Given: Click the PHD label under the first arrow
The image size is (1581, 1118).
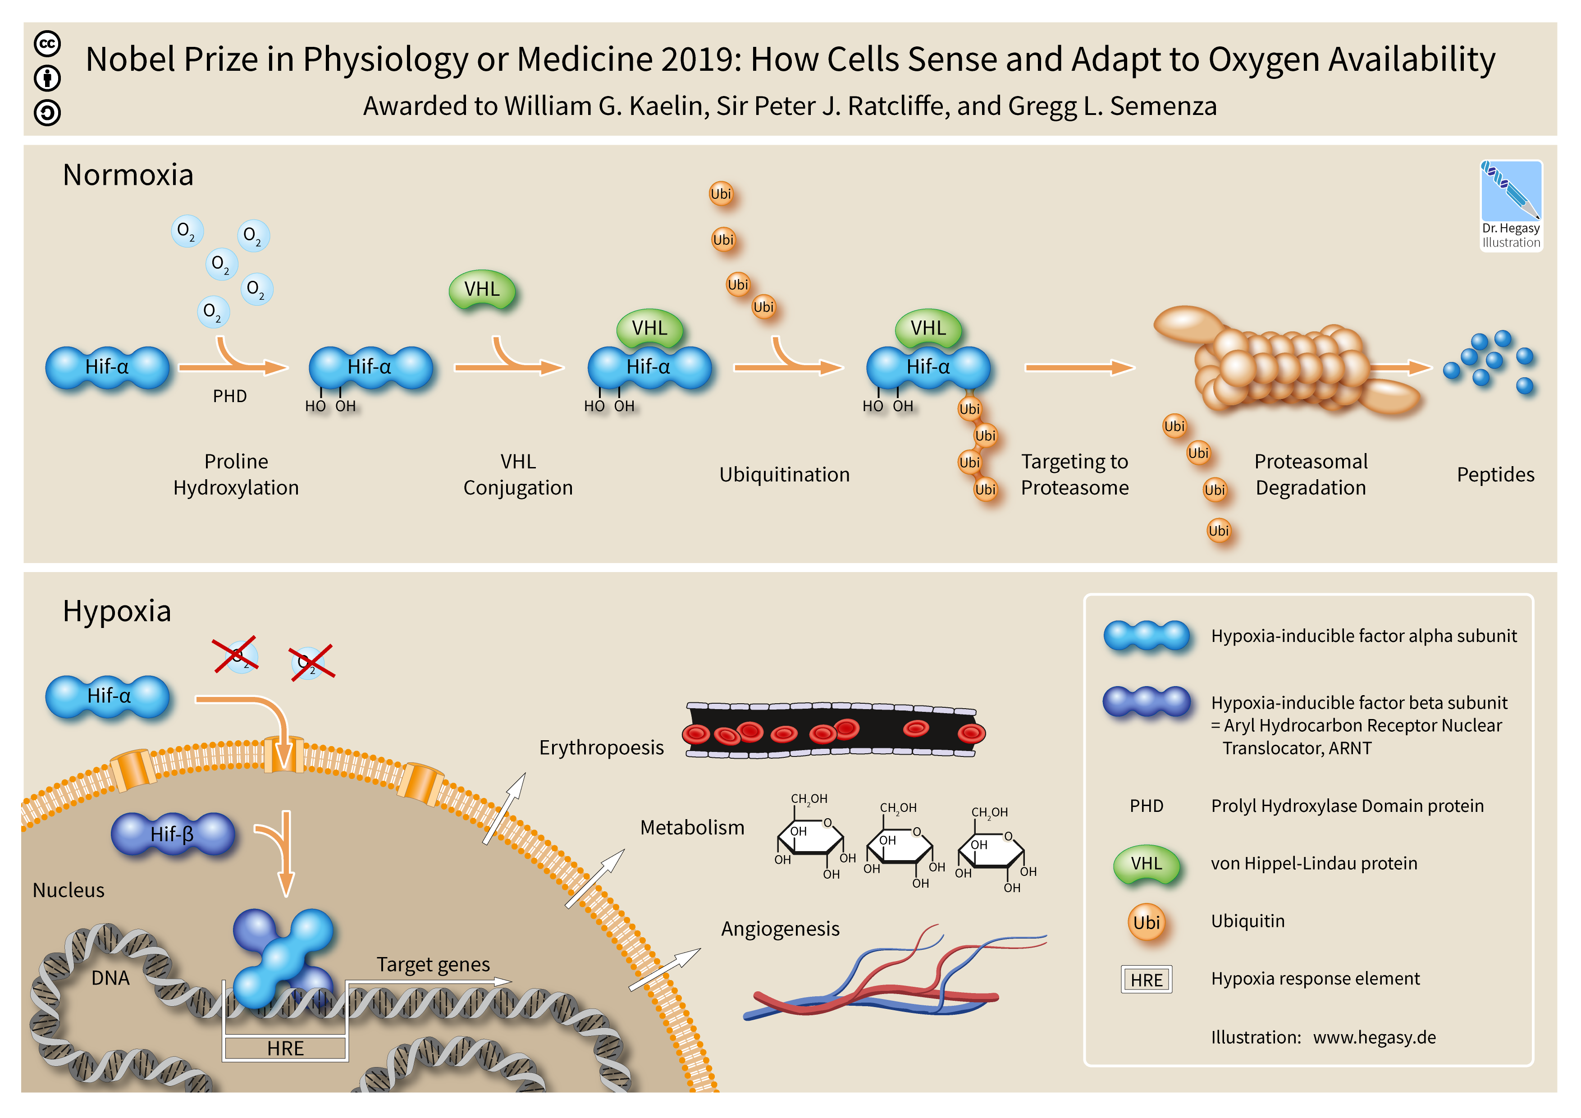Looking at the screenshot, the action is point(229,396).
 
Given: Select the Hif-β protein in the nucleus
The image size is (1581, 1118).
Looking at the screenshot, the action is point(173,834).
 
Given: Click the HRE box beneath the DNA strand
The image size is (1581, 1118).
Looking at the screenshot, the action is point(285,1048).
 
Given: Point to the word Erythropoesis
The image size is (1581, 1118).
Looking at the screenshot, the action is point(601,747).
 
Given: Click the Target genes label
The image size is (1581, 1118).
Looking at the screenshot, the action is point(433,964).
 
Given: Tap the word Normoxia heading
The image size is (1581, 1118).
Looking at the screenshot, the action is point(128,175).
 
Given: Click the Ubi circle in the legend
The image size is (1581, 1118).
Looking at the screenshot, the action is point(1147,922).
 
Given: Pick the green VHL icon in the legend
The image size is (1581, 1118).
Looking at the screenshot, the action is point(1147,864).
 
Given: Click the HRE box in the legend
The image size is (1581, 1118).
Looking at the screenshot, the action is point(1147,979).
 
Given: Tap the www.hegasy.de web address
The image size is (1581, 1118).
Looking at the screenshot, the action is point(1375,1037).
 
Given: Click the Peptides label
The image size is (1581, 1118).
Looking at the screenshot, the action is point(1496,475).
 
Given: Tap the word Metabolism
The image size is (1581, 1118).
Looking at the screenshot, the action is point(692,827).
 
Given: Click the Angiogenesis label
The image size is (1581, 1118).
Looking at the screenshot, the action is point(780,929).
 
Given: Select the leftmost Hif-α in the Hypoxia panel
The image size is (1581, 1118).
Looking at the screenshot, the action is point(107,696).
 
